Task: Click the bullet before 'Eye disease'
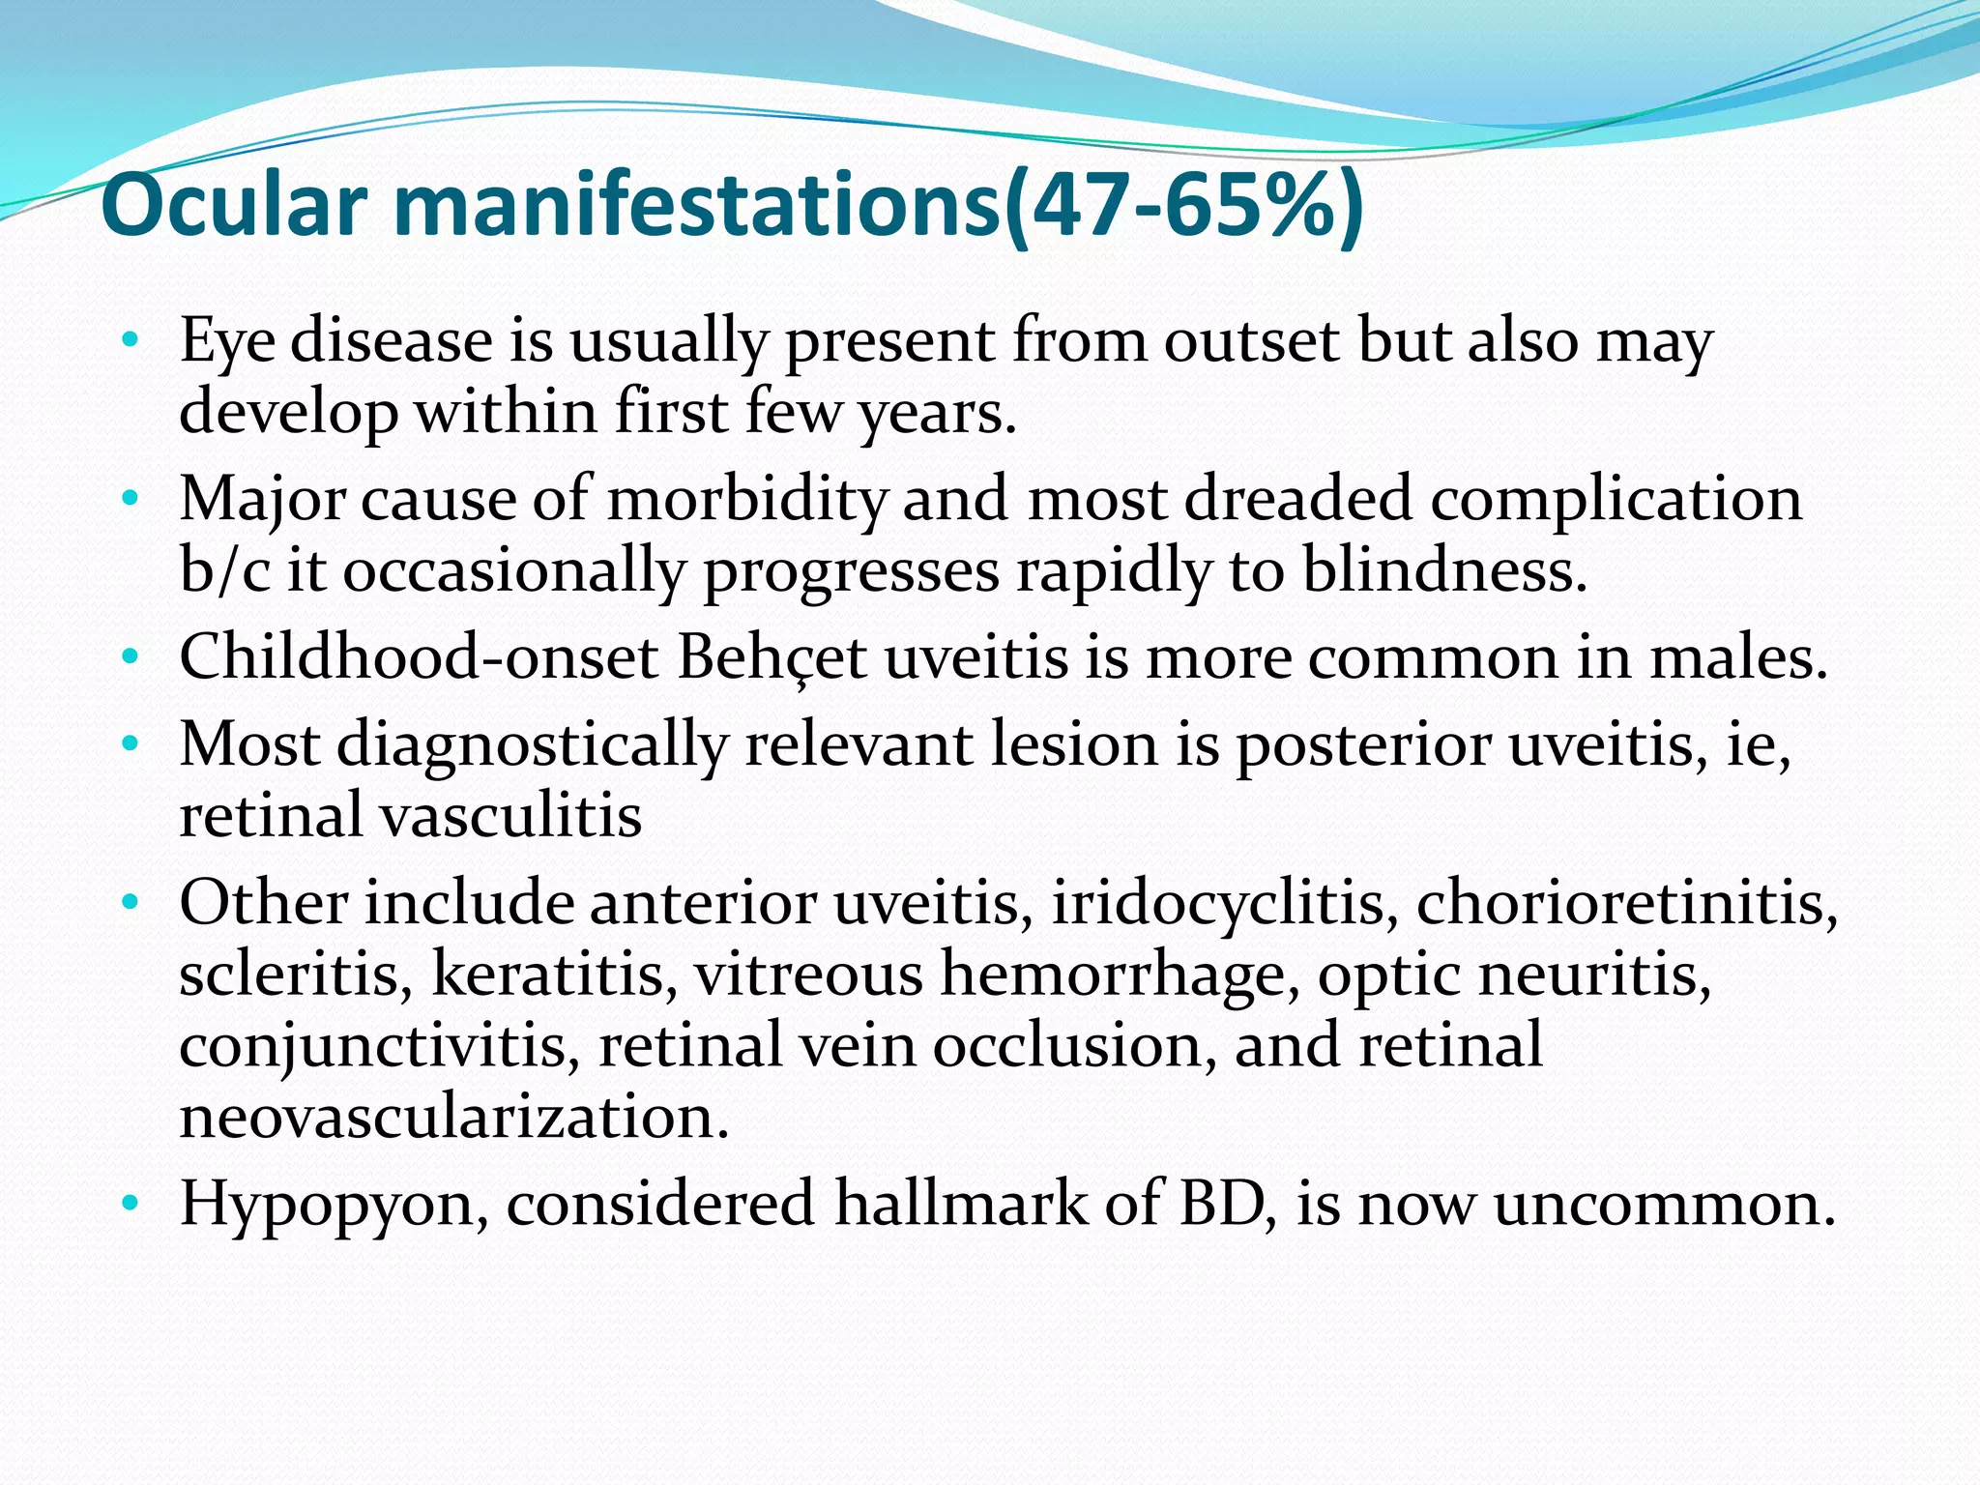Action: pyautogui.click(x=131, y=341)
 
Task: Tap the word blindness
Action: pyautogui.click(x=1444, y=570)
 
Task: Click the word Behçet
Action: pyautogui.click(x=772, y=658)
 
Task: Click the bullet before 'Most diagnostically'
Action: pyautogui.click(x=131, y=745)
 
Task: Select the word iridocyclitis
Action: pyautogui.click(x=1224, y=904)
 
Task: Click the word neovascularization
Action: pyautogui.click(x=452, y=1117)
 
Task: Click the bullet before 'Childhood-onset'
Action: pyautogui.click(x=131, y=658)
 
